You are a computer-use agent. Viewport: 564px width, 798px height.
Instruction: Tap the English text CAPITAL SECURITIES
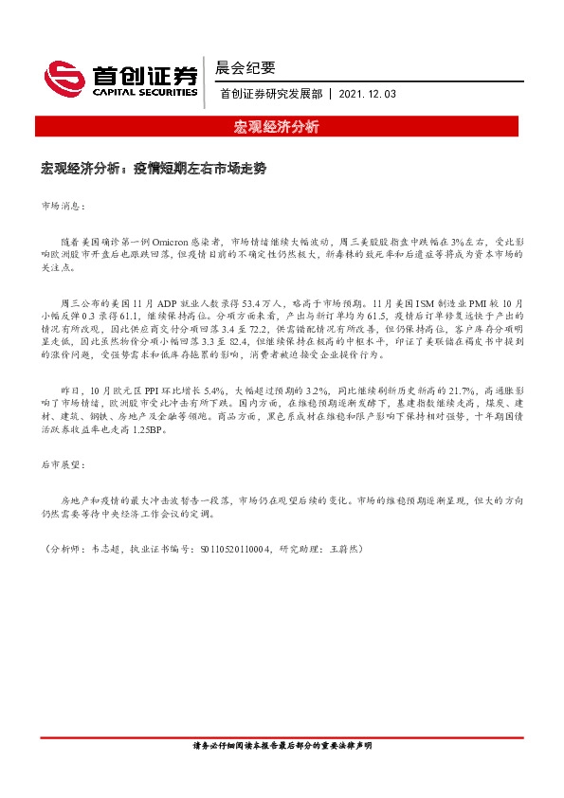(140, 92)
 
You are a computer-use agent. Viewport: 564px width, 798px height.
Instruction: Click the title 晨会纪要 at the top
(246, 67)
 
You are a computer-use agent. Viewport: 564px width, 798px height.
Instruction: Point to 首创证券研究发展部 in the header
(270, 95)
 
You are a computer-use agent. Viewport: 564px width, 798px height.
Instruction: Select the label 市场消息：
(64, 205)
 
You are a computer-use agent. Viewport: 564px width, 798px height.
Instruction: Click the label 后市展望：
(64, 466)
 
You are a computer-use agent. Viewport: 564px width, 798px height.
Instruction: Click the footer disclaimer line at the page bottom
(282, 746)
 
